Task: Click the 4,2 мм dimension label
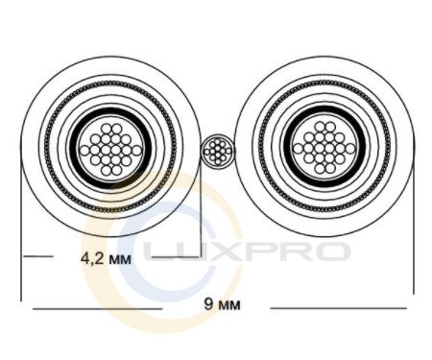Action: click(x=106, y=258)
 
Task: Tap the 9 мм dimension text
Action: click(x=222, y=304)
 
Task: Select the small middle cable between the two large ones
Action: click(x=218, y=151)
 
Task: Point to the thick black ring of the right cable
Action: click(x=324, y=108)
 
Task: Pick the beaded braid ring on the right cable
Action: click(x=324, y=83)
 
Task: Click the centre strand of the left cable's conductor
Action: click(x=107, y=150)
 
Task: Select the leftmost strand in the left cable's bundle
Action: click(x=84, y=151)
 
